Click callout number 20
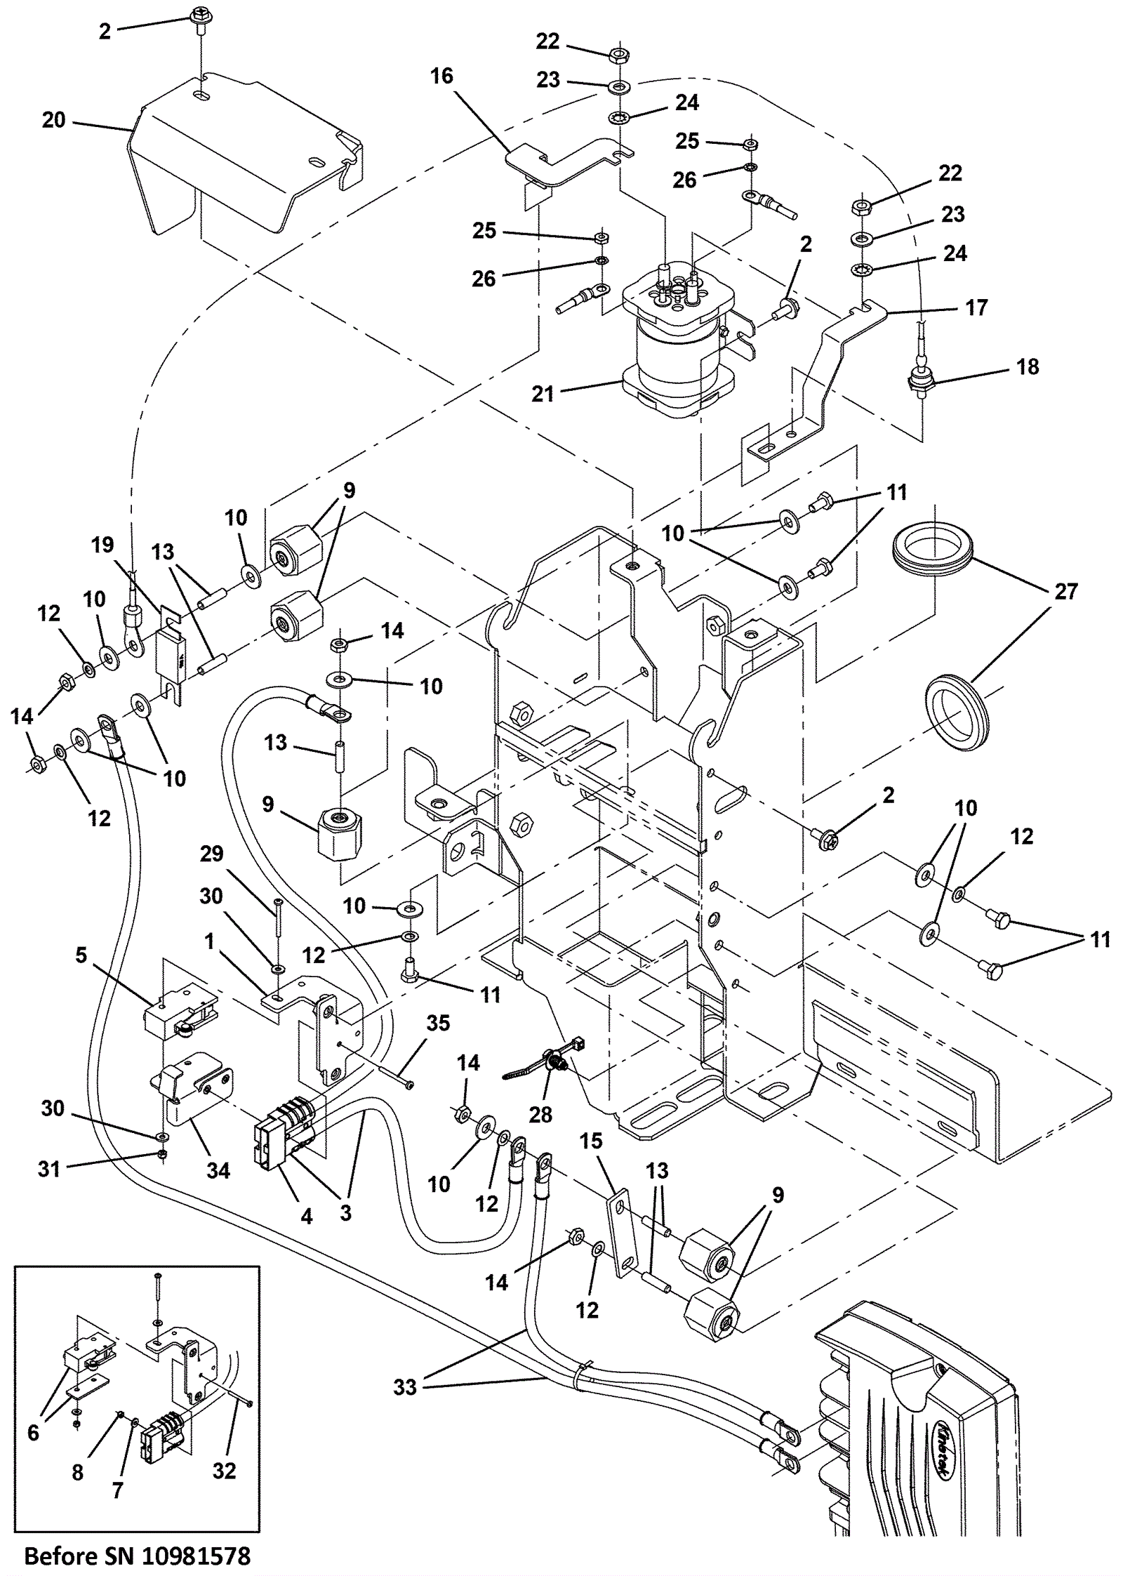tap(53, 120)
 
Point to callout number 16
tap(441, 76)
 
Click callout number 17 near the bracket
tap(976, 307)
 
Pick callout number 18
tap(1028, 366)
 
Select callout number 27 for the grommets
tap(1065, 592)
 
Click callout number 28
tap(540, 1114)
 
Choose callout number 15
tap(591, 1141)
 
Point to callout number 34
tap(218, 1170)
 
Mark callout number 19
tap(102, 545)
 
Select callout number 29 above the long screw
tap(211, 854)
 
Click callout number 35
tap(438, 1023)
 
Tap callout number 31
tap(49, 1169)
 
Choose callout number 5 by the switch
tap(81, 955)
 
